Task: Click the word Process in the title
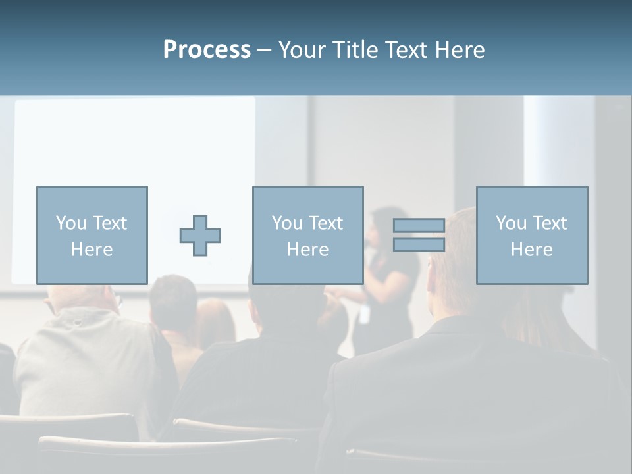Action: coord(207,50)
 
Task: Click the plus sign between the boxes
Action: coord(200,236)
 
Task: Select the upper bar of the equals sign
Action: coord(419,226)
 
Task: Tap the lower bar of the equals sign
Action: coord(419,245)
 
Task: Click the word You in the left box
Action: coord(70,223)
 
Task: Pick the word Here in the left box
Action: coord(92,250)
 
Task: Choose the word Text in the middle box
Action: coord(326,223)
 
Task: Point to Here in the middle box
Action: coord(307,250)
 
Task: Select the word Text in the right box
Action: coord(550,223)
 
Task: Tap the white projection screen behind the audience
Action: coord(132,145)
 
